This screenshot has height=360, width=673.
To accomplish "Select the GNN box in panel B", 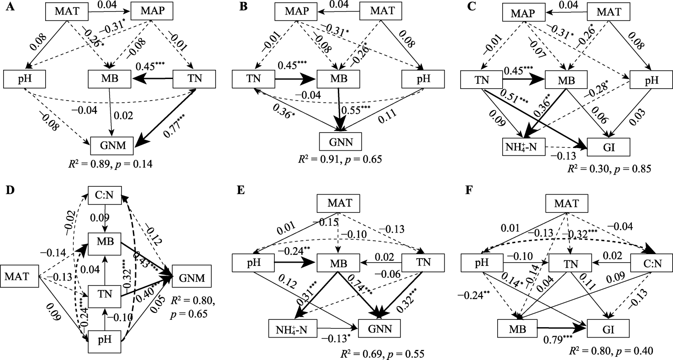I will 340,142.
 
